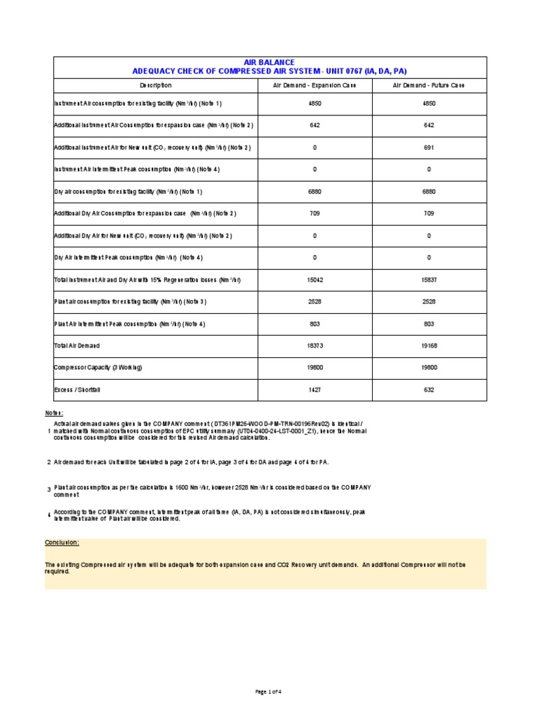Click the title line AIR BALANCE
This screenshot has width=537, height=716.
pos(269,62)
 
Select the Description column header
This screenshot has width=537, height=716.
pos(155,85)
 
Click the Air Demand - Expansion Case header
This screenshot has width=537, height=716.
pos(315,85)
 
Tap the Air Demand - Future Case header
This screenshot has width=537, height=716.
pos(429,85)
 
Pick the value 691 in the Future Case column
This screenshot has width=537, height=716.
pos(429,148)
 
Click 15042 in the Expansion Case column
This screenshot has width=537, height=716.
pos(315,280)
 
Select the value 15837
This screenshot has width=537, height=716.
pos(429,280)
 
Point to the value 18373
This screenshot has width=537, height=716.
pos(315,346)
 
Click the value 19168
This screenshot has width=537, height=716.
pos(429,346)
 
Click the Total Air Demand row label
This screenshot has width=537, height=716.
pos(77,346)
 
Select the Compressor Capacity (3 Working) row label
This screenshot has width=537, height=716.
pos(92,368)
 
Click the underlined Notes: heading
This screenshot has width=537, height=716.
pos(54,413)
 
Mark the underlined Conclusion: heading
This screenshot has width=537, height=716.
pos(62,543)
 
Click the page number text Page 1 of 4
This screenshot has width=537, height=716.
pos(269,692)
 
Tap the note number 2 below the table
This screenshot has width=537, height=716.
pos(48,462)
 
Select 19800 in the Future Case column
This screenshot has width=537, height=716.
pos(429,368)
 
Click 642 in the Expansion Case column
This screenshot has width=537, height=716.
pos(315,125)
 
